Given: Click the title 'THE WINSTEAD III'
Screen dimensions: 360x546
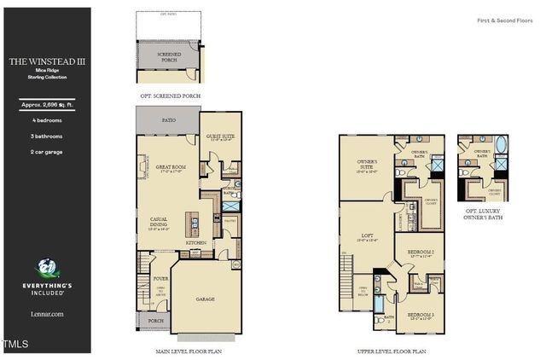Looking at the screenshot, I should point(45,61).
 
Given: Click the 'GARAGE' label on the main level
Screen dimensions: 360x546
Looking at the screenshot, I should point(205,299).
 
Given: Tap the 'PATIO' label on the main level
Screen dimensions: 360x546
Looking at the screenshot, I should point(169,121).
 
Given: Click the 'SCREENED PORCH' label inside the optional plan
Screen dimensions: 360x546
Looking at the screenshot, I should point(169,56).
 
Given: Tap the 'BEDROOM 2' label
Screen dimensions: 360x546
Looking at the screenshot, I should point(421,253).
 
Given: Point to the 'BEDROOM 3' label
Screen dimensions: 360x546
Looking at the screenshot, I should point(421,315).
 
